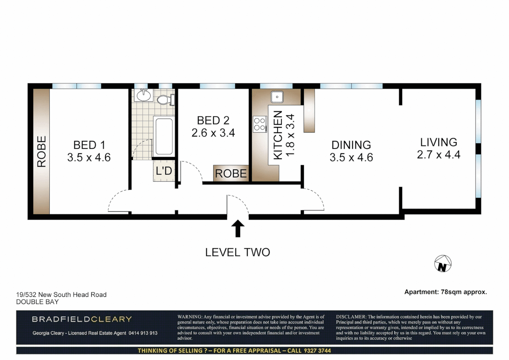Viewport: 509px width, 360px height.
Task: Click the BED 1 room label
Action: tap(89, 145)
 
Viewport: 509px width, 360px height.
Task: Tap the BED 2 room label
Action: tap(213, 120)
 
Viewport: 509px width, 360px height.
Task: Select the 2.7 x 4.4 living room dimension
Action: tap(438, 155)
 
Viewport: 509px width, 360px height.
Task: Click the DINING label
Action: tap(351, 145)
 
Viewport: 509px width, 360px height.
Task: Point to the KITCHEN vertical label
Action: tap(278, 135)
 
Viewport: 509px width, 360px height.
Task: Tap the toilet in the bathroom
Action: tap(165, 99)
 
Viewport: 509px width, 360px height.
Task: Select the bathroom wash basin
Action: tap(144, 96)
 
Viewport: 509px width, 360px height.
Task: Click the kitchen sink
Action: tap(277, 97)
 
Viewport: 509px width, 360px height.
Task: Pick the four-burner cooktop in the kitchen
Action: tap(259, 124)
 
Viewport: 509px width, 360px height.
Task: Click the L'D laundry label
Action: tap(164, 171)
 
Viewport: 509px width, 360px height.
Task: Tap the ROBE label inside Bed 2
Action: tap(231, 174)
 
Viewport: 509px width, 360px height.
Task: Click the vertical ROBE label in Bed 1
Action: tap(41, 151)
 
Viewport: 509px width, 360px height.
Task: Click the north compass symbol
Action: tap(443, 264)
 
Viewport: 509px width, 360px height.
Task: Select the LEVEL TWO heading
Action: tap(238, 252)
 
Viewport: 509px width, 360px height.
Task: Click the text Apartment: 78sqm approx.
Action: tap(445, 292)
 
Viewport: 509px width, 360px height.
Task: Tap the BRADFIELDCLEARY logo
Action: tap(82, 319)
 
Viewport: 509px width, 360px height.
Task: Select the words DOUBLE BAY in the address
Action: tap(37, 302)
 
